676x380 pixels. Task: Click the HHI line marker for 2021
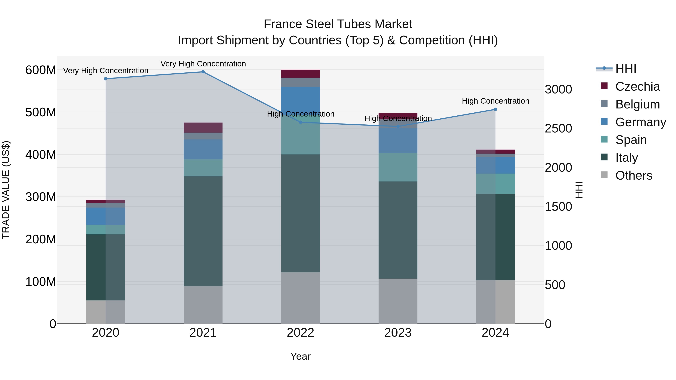click(203, 72)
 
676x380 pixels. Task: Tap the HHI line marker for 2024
click(495, 109)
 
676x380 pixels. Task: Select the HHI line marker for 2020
click(106, 79)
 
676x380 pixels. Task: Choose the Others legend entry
click(634, 175)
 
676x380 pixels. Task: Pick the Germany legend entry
click(640, 122)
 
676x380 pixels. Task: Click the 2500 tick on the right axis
click(558, 129)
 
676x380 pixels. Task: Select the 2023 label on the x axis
click(398, 333)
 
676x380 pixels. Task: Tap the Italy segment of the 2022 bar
click(300, 213)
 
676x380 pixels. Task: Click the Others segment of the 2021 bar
click(203, 305)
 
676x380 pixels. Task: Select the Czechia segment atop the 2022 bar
click(300, 74)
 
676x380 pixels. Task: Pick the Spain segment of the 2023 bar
click(398, 167)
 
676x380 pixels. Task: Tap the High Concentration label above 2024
click(495, 101)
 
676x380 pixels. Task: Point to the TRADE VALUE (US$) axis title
click(6, 190)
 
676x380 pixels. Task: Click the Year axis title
click(300, 356)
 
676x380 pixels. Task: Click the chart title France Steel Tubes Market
click(338, 24)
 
